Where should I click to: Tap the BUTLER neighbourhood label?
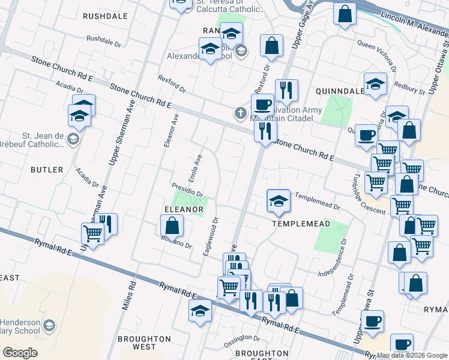point(47,170)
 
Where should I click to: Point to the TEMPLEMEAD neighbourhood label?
point(293,223)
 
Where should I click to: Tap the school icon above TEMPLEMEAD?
point(279,202)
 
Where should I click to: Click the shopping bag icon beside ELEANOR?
point(172,226)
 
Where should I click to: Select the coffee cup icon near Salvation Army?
point(262,104)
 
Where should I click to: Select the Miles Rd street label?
point(127,297)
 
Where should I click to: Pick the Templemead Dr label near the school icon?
point(318,202)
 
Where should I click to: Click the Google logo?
point(20,353)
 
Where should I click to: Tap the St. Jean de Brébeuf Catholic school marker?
point(73,140)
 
